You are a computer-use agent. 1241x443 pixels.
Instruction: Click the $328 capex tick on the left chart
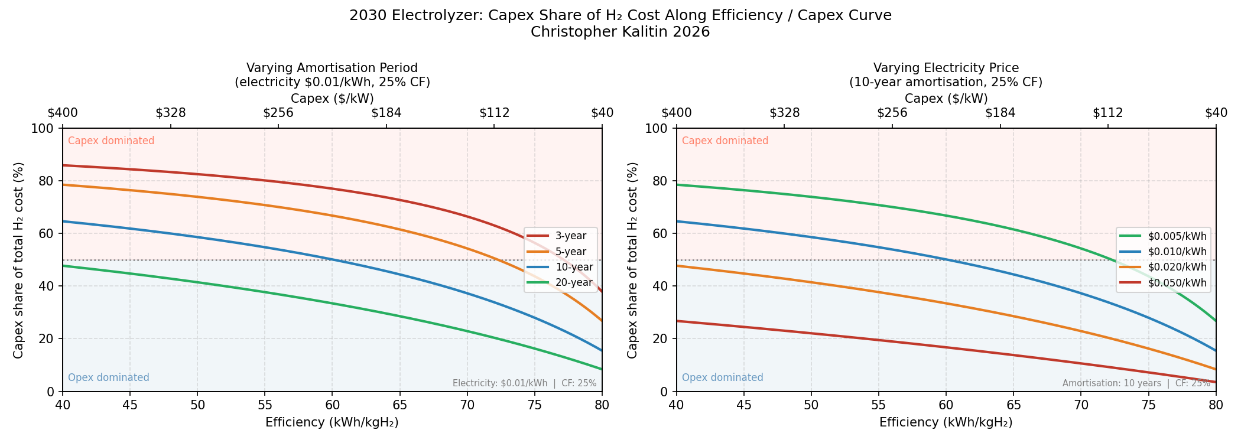click(x=171, y=113)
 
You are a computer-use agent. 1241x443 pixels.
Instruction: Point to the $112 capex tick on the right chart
click(x=1107, y=113)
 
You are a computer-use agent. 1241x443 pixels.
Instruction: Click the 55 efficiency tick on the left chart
click(x=265, y=405)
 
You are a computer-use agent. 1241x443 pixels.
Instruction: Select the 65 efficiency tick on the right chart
click(x=1013, y=405)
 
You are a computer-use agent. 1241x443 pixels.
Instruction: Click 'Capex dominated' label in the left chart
click(x=111, y=141)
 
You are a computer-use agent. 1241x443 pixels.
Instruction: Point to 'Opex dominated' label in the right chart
click(x=722, y=378)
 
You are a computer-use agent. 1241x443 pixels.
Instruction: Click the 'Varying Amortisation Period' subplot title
click(x=332, y=68)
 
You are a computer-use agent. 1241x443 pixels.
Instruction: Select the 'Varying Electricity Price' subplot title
click(x=946, y=68)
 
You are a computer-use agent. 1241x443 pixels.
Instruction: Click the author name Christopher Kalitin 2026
click(x=620, y=32)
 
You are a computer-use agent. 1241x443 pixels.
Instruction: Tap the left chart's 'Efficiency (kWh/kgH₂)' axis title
click(x=332, y=422)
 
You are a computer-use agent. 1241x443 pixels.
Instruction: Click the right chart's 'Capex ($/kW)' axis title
click(x=946, y=99)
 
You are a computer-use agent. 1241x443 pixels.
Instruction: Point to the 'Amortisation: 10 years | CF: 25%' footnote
click(x=1136, y=383)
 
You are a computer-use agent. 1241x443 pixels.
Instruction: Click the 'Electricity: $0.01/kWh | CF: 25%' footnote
click(x=524, y=383)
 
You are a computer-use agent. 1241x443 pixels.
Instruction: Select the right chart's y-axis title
click(x=632, y=260)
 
